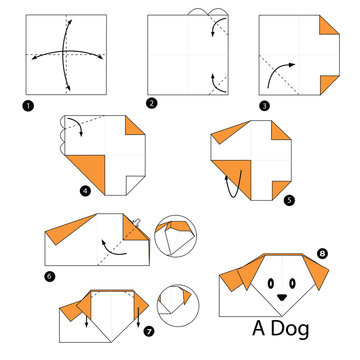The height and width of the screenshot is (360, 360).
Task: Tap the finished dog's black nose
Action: click(280, 296)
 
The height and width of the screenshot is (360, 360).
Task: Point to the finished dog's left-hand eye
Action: click(266, 281)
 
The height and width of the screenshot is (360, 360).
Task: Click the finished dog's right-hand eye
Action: click(293, 281)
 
